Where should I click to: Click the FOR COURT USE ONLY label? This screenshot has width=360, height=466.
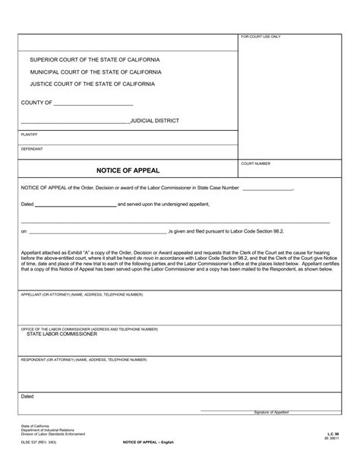(261, 37)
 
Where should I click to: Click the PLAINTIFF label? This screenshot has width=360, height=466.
(29, 134)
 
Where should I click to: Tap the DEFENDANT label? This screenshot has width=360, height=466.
(32, 148)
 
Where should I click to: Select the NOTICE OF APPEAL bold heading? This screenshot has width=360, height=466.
(128, 170)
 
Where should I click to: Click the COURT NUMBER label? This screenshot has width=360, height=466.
(257, 163)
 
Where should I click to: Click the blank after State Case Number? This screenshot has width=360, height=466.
(267, 188)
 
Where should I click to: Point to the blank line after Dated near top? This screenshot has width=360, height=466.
(75, 205)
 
